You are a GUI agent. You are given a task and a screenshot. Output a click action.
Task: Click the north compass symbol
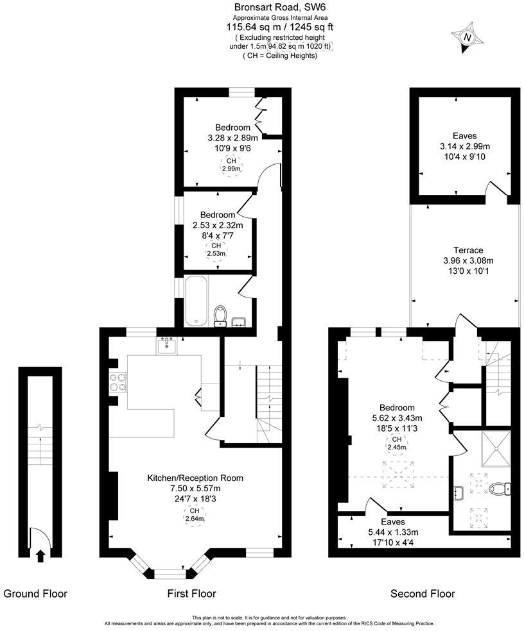[x=467, y=38]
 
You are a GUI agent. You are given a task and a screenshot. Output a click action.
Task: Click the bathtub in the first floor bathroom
[x=195, y=300]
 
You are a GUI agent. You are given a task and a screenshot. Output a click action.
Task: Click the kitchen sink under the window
[x=167, y=346]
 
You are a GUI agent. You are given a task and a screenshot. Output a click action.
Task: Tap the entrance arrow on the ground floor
[x=40, y=555]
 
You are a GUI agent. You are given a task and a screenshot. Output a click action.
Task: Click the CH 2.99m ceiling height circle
[x=231, y=165]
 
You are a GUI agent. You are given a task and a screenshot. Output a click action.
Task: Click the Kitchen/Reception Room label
[x=195, y=478]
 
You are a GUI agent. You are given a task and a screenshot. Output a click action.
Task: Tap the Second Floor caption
[x=423, y=594]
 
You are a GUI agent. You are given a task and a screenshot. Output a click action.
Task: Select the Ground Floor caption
[x=35, y=594]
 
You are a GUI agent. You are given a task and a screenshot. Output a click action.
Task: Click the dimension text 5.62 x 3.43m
[x=396, y=418]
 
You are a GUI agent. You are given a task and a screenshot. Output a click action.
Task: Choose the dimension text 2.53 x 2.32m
[x=218, y=225]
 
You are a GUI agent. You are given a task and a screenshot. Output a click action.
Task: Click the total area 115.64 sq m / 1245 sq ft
[x=280, y=27]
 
